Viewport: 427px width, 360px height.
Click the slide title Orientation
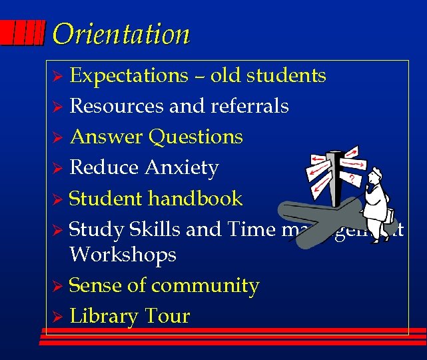[121, 33]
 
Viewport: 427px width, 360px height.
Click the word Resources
[117, 106]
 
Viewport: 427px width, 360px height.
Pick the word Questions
[196, 137]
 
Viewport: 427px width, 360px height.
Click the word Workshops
[123, 255]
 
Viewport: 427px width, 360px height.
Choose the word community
[205, 286]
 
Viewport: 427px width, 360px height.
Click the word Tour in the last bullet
[169, 316]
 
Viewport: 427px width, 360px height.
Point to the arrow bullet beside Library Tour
[58, 317]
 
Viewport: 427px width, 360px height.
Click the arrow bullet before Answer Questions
[58, 138]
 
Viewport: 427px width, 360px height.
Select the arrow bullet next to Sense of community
[58, 287]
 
